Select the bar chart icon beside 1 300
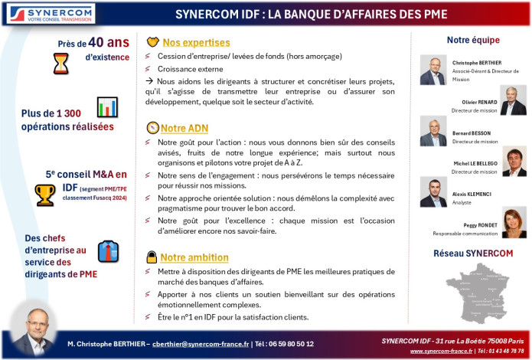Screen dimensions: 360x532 [x=107, y=106]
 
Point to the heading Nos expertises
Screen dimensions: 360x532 [x=196, y=43]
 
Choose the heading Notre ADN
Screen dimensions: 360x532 [x=184, y=127]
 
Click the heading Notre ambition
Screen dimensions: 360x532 [x=194, y=257]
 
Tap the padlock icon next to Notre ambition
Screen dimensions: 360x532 [x=152, y=257]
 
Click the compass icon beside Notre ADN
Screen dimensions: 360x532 [x=152, y=127]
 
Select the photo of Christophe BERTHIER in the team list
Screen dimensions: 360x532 [x=432, y=70]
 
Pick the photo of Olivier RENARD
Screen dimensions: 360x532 [x=513, y=100]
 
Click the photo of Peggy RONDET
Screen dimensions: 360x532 [x=513, y=223]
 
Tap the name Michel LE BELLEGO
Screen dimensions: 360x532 [x=475, y=164]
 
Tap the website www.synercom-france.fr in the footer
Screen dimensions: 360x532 [x=441, y=351]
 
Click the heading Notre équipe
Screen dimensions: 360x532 [x=473, y=40]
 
